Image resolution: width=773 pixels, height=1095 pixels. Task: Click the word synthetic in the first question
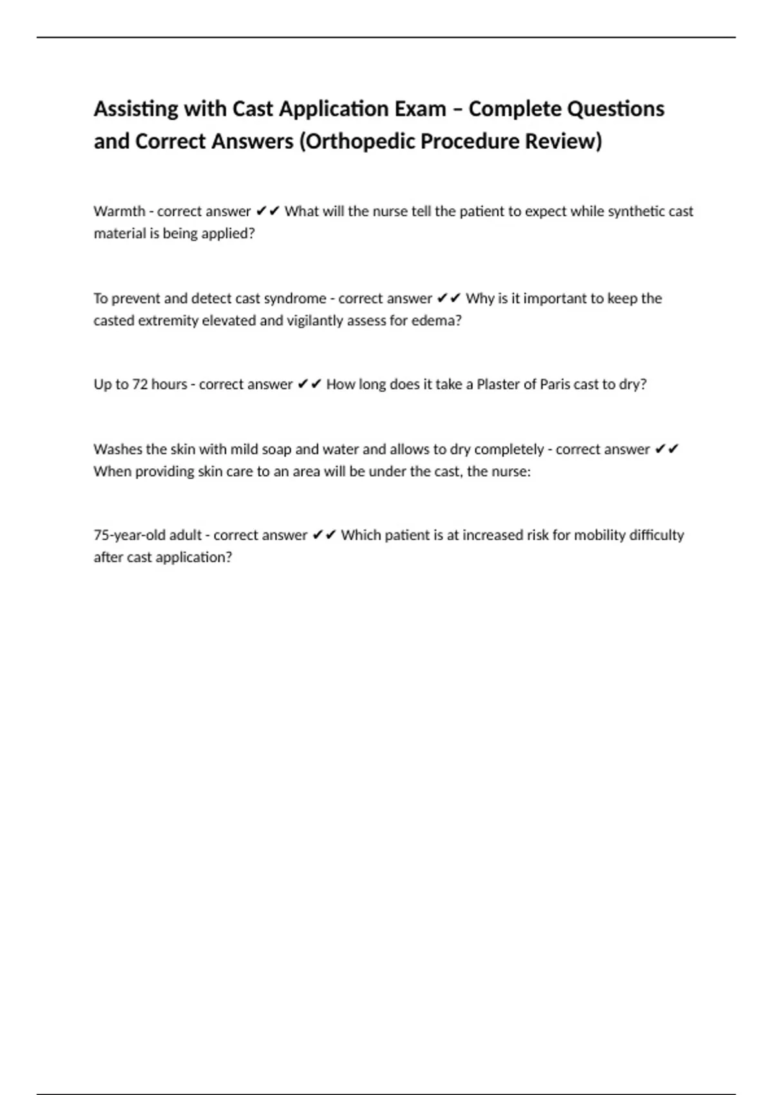635,211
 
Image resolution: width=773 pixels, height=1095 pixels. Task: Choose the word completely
509,449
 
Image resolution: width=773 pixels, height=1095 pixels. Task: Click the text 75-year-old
129,535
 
